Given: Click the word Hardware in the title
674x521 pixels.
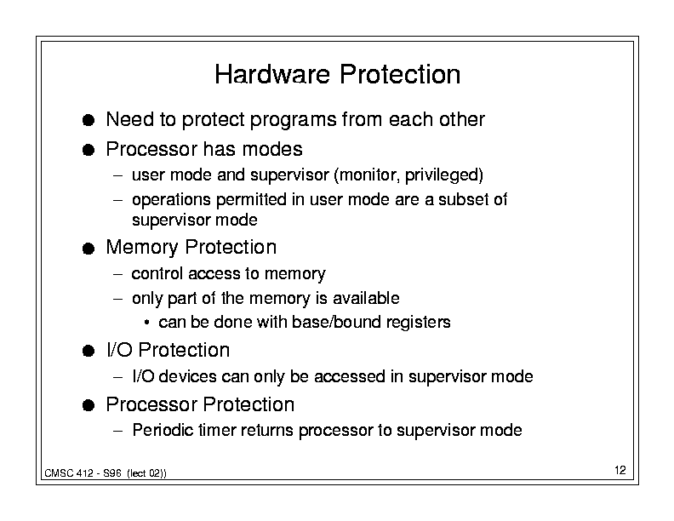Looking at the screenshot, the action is [x=272, y=74].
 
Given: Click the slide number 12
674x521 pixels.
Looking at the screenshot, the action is [x=620, y=470].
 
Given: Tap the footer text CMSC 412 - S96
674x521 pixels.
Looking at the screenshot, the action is [x=83, y=473].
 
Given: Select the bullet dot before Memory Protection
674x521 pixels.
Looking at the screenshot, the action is [x=89, y=249].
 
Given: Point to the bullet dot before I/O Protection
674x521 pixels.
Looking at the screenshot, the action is [x=89, y=351].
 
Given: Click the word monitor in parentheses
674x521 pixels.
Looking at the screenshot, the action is [x=367, y=175].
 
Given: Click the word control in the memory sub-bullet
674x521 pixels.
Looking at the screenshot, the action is [x=157, y=273].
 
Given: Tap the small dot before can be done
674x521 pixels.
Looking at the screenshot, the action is [x=147, y=323].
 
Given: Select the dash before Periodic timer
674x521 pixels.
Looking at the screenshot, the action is [x=118, y=430].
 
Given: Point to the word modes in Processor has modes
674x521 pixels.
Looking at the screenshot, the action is [x=272, y=150].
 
